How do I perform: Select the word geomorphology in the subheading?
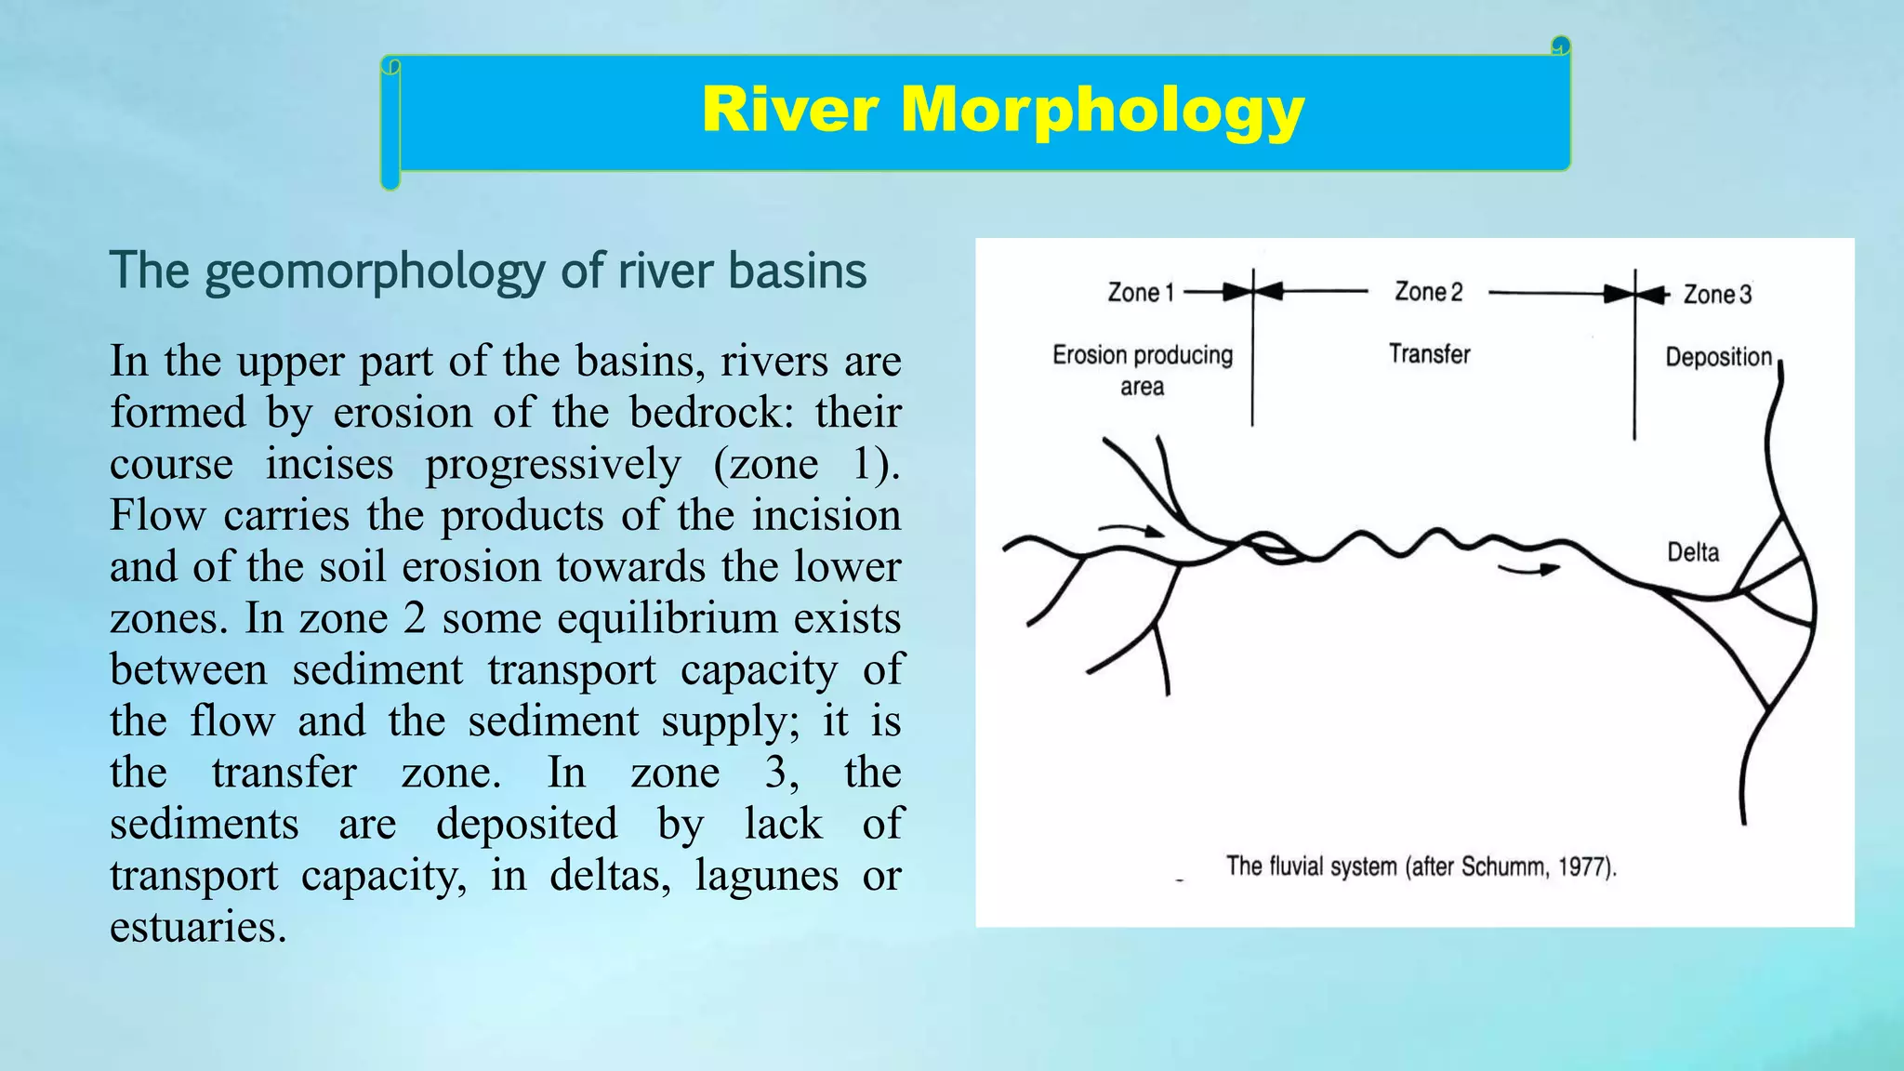[375, 271]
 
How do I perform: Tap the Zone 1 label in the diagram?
[1140, 293]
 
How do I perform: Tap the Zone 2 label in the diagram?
[1428, 292]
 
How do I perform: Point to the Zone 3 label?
[1717, 295]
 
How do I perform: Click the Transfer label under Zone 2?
[1429, 354]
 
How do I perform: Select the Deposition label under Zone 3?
[1718, 357]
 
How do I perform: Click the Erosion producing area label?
[1142, 370]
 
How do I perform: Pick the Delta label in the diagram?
[1692, 552]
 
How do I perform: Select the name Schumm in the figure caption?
[1502, 867]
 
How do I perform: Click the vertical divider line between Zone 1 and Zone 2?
[1252, 372]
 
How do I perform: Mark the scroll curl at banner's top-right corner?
[1560, 46]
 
